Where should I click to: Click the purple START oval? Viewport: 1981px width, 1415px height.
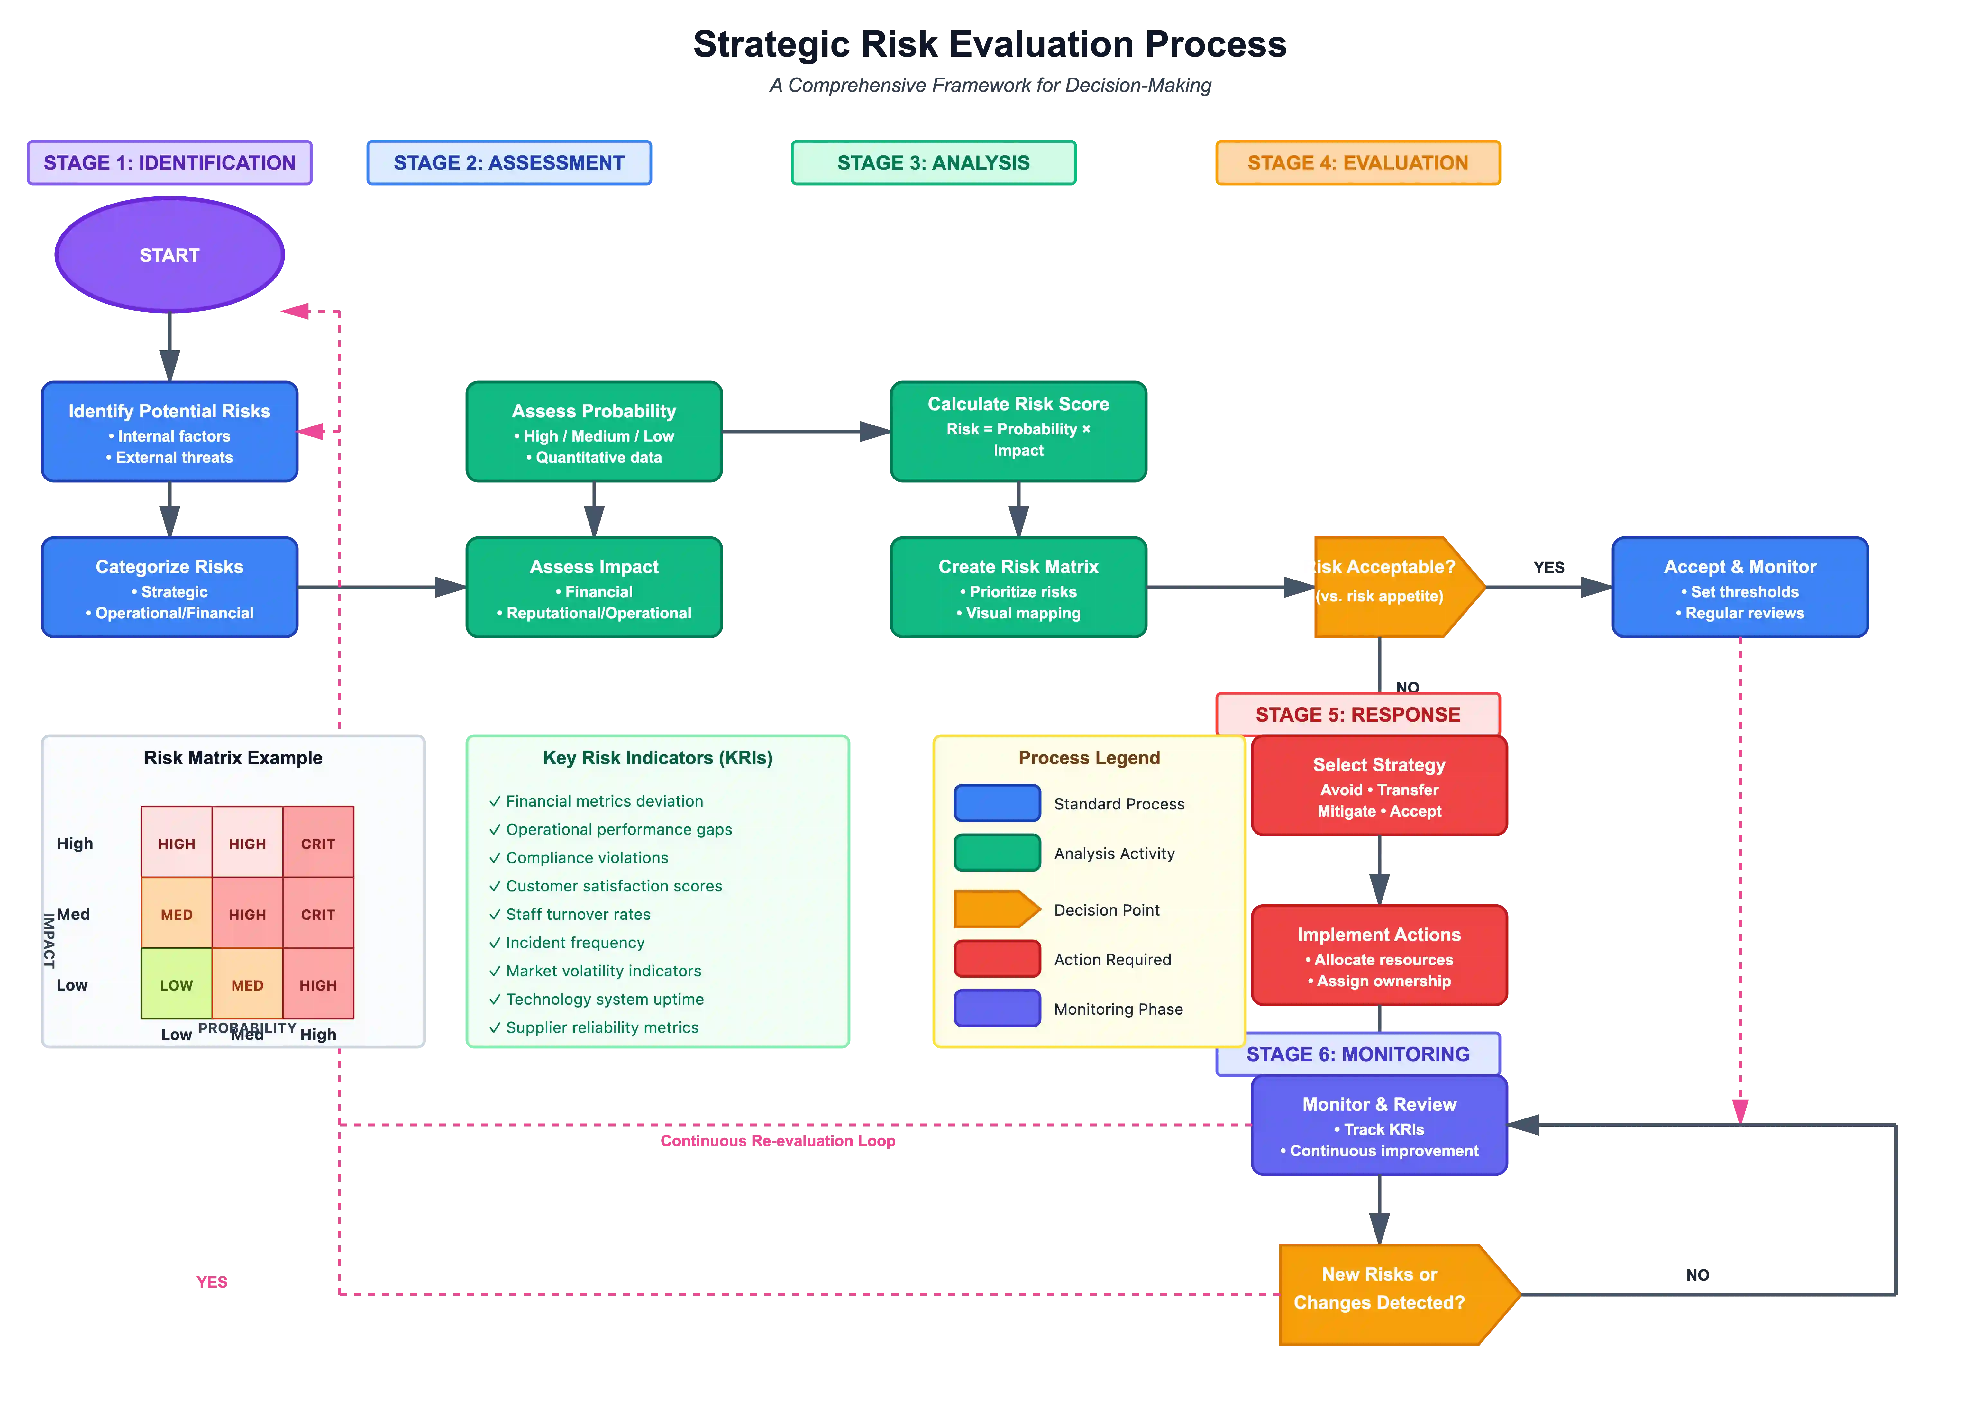(x=170, y=254)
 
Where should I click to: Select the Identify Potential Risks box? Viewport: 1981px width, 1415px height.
(x=170, y=431)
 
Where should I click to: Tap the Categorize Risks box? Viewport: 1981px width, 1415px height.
(x=170, y=588)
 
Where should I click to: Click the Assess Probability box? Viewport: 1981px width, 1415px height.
(x=594, y=431)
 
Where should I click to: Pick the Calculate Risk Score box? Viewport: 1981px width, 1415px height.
(x=1018, y=431)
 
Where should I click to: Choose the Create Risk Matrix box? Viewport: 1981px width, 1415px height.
(x=1018, y=588)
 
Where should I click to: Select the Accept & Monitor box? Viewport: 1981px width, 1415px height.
(x=1740, y=588)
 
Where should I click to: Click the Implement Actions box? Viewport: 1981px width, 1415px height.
(x=1379, y=956)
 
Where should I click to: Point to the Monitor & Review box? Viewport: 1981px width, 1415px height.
(x=1379, y=1126)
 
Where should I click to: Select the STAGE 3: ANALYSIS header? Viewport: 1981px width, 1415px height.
(x=933, y=163)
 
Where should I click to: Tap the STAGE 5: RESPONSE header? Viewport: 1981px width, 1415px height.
(x=1357, y=715)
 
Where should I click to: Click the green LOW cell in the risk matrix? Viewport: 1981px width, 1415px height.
(x=177, y=985)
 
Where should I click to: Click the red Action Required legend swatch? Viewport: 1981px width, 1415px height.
(x=997, y=958)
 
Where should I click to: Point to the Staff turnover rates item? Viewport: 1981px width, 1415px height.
(x=578, y=914)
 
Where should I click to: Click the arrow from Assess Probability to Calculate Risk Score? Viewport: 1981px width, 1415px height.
(x=806, y=431)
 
